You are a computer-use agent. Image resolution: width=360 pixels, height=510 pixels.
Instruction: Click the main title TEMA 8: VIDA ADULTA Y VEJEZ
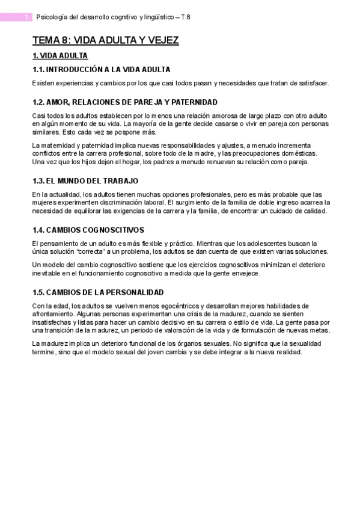tap(105, 41)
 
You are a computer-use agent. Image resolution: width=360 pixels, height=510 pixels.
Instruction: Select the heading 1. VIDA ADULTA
tap(60, 56)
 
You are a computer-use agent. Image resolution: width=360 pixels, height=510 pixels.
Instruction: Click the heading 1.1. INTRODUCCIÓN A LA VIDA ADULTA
tap(101, 69)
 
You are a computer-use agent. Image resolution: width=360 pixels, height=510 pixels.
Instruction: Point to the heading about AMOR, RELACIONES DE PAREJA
tap(124, 102)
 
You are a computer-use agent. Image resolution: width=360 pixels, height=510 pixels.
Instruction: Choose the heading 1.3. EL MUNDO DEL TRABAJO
tap(85, 180)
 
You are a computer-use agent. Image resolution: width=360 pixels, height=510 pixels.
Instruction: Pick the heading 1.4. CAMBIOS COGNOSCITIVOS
tap(88, 230)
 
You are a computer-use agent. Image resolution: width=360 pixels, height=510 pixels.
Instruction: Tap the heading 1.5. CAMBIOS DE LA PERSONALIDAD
tap(98, 292)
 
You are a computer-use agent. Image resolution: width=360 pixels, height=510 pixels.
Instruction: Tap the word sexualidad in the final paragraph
tap(304, 343)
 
